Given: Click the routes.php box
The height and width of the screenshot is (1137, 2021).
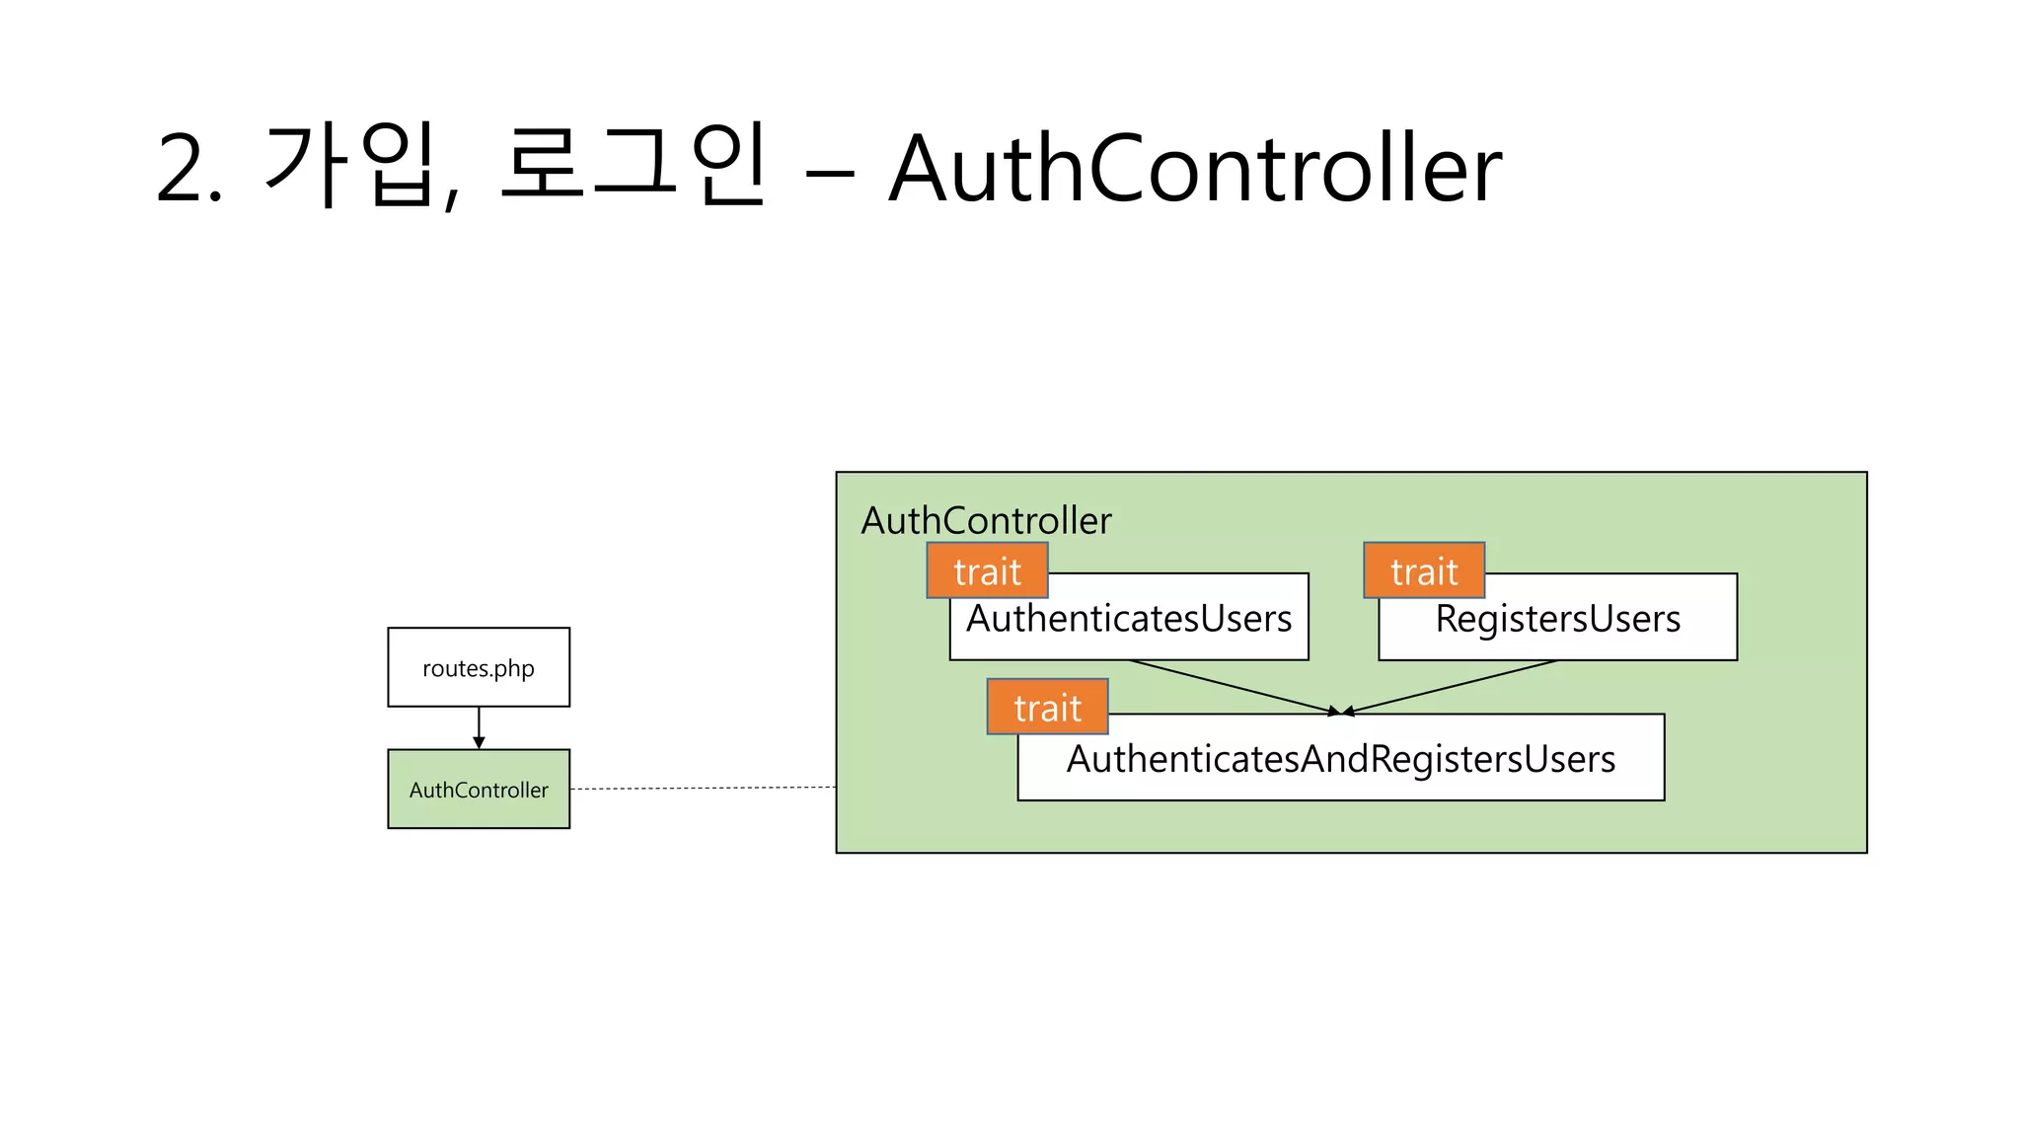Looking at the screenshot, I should pyautogui.click(x=479, y=667).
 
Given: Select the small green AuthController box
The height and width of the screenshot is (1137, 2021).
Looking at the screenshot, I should pyautogui.click(x=479, y=789).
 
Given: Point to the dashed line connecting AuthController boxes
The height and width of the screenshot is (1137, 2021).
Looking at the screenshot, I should pyautogui.click(x=703, y=788).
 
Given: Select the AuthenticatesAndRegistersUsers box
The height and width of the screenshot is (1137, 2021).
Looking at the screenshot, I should pyautogui.click(x=1340, y=759).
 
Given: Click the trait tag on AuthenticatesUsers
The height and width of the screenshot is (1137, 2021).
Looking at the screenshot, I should pyautogui.click(x=987, y=570).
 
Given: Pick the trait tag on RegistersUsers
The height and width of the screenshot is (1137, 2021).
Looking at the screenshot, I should pyautogui.click(x=1424, y=570).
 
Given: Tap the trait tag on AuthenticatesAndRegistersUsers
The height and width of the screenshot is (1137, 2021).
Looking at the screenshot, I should pyautogui.click(x=1047, y=707).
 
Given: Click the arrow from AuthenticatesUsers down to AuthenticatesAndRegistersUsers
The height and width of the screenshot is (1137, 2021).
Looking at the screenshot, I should pyautogui.click(x=1234, y=687).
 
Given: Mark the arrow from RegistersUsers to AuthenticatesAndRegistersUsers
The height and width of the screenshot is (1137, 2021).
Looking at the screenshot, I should pyautogui.click(x=1451, y=687).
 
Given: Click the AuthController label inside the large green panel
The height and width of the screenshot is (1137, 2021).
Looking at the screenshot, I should pyautogui.click(x=986, y=520).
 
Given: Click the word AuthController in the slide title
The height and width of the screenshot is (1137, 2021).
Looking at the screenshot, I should pyautogui.click(x=1194, y=169).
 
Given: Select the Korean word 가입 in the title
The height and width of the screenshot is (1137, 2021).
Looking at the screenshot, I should pyautogui.click(x=349, y=165).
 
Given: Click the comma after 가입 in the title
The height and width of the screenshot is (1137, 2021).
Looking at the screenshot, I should pyautogui.click(x=451, y=197).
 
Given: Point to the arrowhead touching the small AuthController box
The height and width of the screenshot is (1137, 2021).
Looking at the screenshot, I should pyautogui.click(x=479, y=743).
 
